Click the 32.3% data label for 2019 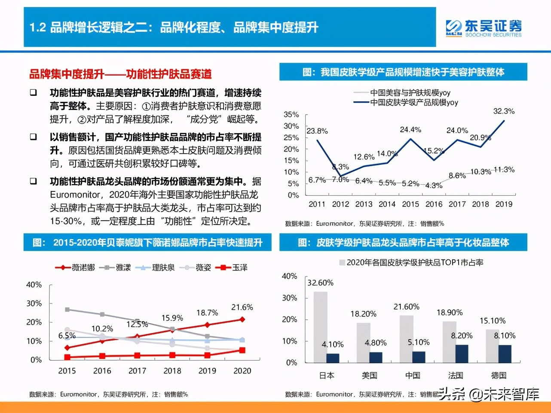[x=504, y=111]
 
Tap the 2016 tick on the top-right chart [x=434, y=204]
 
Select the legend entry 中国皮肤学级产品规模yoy [x=414, y=103]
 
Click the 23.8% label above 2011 [x=317, y=131]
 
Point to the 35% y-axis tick [x=291, y=115]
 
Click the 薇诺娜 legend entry [x=76, y=267]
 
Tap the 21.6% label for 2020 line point [x=242, y=307]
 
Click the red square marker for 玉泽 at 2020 [x=242, y=350]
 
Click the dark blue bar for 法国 [x=462, y=353]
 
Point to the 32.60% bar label [x=320, y=283]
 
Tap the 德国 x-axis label [x=499, y=376]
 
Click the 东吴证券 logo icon [x=454, y=28]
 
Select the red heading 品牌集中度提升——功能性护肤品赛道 [x=120, y=74]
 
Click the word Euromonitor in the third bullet [x=75, y=195]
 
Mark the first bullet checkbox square [x=34, y=93]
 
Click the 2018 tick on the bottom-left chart [x=172, y=371]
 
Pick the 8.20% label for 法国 [x=462, y=336]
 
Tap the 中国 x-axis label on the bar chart [x=413, y=376]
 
